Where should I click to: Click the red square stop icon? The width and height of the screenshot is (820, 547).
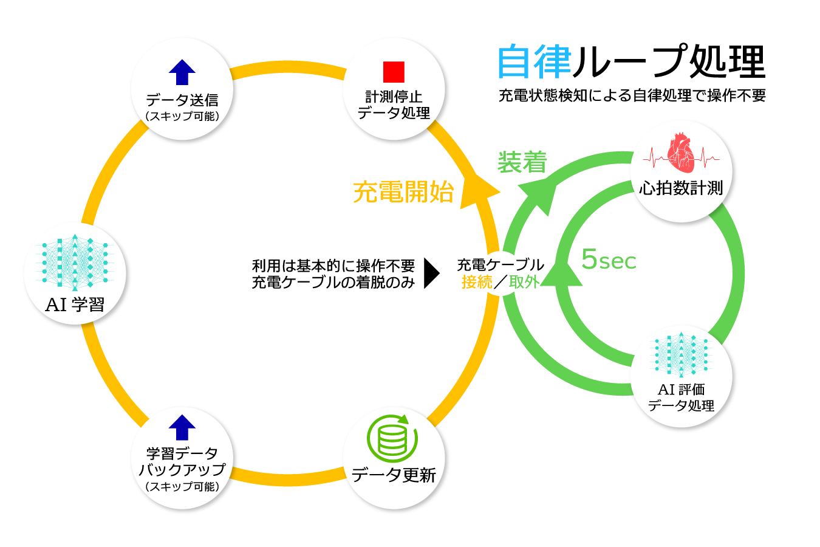point(394,72)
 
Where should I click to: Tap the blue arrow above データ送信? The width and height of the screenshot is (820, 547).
point(182,72)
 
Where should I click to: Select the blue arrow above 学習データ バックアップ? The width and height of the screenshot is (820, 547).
point(182,427)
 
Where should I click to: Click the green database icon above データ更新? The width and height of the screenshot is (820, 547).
point(392,439)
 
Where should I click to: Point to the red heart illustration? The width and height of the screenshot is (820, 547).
point(680,153)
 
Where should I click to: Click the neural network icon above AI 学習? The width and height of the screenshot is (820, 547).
point(75,263)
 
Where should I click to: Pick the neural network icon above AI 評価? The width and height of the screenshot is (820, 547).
point(681,355)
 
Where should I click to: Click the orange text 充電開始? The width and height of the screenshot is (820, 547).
point(403,192)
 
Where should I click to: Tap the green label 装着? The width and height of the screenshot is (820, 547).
point(522,162)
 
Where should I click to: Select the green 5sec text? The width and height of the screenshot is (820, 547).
point(609,260)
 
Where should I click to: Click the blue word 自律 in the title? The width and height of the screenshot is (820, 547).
point(535,61)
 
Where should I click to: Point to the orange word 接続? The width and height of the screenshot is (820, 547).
point(477,282)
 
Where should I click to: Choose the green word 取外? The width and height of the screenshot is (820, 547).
point(524,282)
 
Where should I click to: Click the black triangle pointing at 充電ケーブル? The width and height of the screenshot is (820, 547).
point(431,273)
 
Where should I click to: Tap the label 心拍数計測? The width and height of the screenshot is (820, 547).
point(681,188)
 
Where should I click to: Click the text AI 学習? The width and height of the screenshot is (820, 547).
point(75,304)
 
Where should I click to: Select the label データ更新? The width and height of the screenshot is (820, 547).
point(394,475)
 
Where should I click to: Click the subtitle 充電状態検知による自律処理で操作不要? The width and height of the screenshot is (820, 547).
point(632,95)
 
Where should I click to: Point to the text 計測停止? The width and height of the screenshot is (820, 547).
point(394,97)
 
